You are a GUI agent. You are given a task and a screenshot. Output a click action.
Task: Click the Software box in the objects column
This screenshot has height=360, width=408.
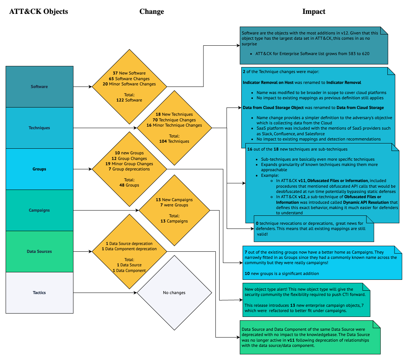click(39, 87)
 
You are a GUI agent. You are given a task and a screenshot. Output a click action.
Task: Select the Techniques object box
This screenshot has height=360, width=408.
click(39, 128)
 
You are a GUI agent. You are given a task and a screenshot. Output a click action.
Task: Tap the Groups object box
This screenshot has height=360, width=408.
click(39, 169)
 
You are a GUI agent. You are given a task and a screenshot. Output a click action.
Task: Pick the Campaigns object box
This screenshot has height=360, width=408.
click(39, 210)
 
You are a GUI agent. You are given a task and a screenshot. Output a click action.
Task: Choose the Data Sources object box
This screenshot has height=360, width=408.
click(39, 251)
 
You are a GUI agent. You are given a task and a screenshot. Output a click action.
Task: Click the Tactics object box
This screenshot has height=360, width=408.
click(39, 293)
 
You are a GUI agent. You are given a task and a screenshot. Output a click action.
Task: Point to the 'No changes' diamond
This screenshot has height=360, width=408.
click(174, 293)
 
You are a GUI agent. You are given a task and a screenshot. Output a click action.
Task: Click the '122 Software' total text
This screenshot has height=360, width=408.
click(129, 100)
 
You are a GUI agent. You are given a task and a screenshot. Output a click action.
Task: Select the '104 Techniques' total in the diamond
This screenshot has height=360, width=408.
click(174, 141)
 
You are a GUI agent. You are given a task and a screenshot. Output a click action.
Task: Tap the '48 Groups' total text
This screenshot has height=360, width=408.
click(129, 185)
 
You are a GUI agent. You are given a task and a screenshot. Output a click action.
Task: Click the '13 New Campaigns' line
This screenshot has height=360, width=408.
click(174, 200)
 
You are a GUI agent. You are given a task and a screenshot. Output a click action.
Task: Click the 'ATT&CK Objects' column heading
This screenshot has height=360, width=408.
click(39, 12)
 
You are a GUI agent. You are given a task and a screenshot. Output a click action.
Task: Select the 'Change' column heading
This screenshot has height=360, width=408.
click(152, 12)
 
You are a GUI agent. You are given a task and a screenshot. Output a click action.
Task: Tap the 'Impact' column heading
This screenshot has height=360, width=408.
click(314, 12)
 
